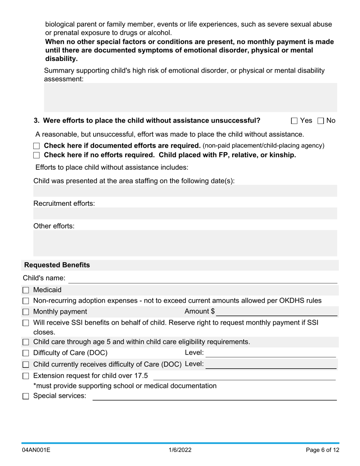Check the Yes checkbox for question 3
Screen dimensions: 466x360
click(294, 121)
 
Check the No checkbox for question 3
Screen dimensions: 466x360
click(321, 121)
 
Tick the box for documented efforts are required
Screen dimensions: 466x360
click(36, 146)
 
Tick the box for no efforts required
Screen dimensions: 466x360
click(36, 155)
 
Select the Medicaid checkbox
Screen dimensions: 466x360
click(26, 291)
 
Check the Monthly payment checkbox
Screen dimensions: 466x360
click(26, 312)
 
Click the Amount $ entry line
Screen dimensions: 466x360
click(277, 312)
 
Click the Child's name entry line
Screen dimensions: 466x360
click(203, 278)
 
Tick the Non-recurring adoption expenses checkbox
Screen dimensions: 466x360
click(26, 301)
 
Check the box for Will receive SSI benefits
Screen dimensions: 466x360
click(26, 323)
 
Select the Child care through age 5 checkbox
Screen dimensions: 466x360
click(26, 342)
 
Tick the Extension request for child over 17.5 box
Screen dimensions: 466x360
click(26, 376)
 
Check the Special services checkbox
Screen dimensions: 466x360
click(26, 396)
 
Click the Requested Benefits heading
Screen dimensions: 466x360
click(57, 265)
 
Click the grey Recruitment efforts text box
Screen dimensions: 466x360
click(185, 213)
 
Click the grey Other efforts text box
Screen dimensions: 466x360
click(185, 243)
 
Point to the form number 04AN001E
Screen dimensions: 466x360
click(36, 450)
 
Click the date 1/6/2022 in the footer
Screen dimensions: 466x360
click(180, 450)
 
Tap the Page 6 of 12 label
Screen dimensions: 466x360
click(322, 450)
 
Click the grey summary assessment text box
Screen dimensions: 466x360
click(190, 97)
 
